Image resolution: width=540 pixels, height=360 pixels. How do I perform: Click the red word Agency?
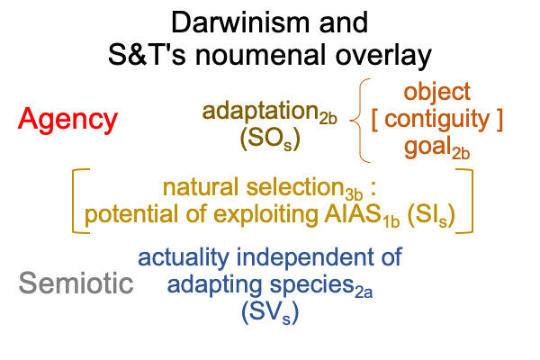click(67, 120)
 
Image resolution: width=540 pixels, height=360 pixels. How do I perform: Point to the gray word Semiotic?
click(76, 283)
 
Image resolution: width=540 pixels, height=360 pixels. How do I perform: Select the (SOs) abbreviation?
click(270, 139)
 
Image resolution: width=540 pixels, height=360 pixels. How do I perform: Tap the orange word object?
click(437, 93)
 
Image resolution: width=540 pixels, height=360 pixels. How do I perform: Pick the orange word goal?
click(427, 147)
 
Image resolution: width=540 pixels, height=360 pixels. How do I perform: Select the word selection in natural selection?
click(295, 187)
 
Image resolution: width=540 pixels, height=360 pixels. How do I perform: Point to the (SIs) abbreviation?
click(431, 216)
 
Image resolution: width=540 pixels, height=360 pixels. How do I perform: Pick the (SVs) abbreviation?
click(270, 313)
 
